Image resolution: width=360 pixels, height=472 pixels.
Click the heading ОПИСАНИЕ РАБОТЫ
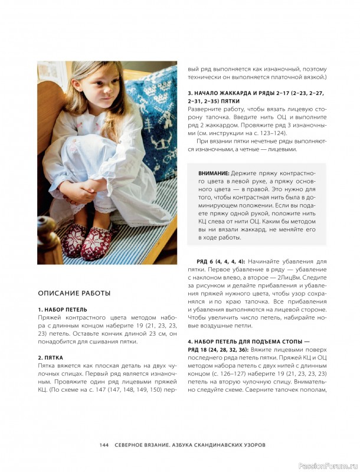click(x=74, y=293)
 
